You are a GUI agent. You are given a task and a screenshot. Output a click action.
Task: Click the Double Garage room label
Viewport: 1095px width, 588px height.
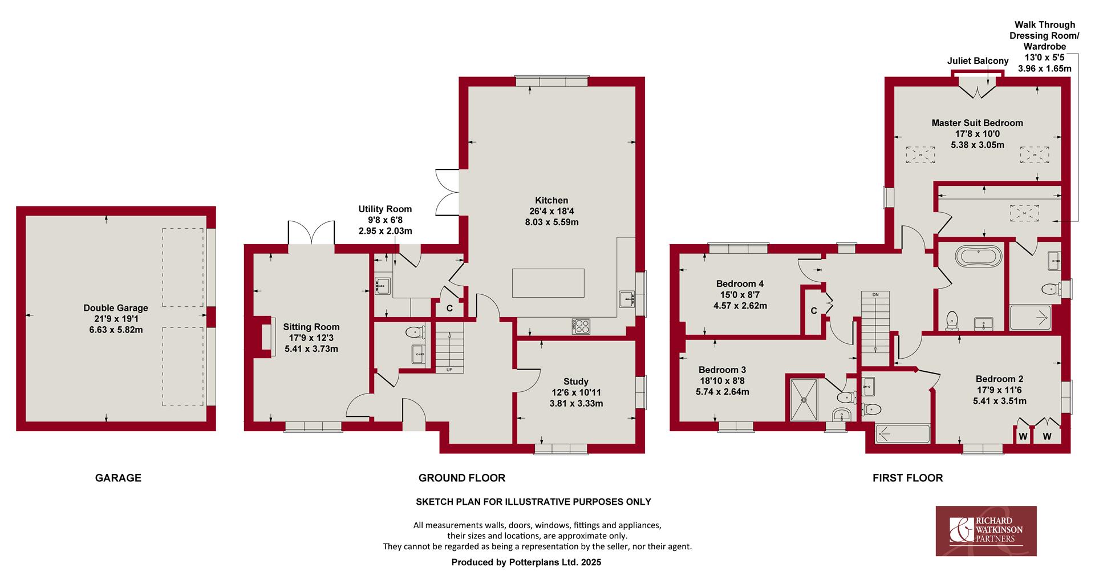(x=116, y=308)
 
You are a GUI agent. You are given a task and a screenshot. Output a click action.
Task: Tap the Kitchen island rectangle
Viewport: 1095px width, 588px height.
(x=548, y=283)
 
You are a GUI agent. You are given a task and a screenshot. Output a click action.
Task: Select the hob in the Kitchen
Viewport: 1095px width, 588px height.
(x=581, y=327)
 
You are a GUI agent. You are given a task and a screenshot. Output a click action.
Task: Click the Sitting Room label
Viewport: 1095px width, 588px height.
(x=311, y=327)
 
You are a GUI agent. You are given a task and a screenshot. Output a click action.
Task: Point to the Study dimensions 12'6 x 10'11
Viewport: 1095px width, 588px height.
(x=576, y=392)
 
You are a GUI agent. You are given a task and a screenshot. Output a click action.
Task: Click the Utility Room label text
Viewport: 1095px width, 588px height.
(x=385, y=209)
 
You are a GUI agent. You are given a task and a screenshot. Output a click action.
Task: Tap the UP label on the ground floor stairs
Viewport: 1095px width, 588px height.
(x=449, y=370)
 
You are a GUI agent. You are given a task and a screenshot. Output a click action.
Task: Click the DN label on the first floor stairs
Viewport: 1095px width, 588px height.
(x=876, y=294)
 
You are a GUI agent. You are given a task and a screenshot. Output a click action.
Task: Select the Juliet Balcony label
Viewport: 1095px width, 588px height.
(x=978, y=61)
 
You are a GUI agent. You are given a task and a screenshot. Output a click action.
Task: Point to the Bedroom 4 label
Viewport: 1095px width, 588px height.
(x=740, y=283)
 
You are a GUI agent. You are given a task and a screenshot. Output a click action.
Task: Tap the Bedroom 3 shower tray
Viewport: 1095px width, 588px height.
(x=805, y=399)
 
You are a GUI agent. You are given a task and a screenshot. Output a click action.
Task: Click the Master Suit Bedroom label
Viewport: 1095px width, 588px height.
(x=978, y=123)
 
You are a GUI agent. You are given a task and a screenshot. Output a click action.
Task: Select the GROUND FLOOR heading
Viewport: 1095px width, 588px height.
(x=462, y=478)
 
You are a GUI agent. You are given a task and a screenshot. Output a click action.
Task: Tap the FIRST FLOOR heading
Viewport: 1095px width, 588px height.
(x=908, y=478)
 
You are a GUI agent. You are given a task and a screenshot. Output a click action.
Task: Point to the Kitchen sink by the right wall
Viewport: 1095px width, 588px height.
(x=627, y=298)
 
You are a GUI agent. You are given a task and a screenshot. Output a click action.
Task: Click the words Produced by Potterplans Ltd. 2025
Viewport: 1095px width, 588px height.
(x=526, y=562)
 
